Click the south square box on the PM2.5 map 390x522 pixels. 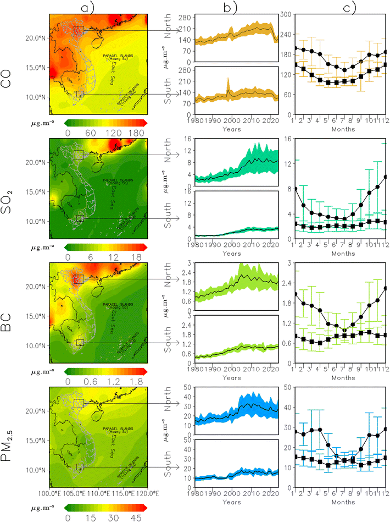pos(80,467)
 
